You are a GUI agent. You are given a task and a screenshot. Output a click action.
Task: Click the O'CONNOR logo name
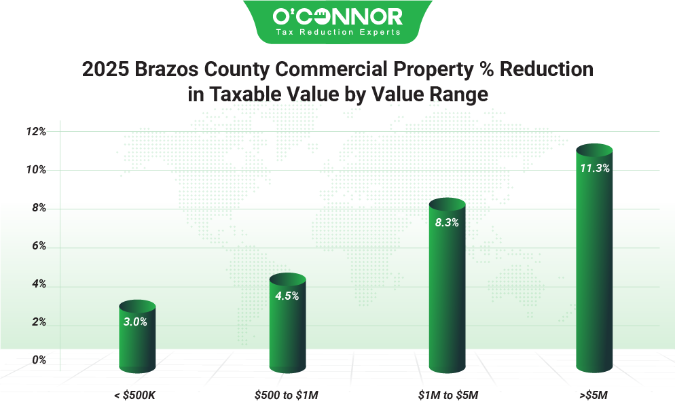337,16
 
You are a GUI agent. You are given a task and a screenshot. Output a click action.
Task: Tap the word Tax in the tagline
284,32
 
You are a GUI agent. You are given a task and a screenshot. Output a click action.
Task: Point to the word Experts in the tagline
380,32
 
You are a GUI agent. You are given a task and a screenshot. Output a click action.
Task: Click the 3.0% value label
135,322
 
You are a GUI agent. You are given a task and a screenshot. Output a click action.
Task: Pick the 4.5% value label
287,296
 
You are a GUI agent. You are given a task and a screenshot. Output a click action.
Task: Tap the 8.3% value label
447,222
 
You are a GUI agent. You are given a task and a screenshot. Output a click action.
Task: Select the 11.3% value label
594,169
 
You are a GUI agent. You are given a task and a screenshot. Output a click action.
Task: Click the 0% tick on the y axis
39,360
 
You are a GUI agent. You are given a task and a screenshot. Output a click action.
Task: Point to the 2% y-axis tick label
39,322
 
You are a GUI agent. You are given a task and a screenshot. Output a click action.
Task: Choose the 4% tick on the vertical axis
39,284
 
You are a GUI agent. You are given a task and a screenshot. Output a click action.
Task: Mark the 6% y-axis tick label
39,246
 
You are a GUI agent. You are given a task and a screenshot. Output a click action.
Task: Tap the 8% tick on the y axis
39,208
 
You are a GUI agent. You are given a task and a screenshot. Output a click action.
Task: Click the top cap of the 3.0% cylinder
137,305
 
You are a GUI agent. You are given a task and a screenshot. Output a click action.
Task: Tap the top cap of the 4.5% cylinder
287,279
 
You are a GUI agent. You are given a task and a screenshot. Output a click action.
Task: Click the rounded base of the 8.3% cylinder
447,368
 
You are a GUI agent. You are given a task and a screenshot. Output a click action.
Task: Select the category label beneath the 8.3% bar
449,395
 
